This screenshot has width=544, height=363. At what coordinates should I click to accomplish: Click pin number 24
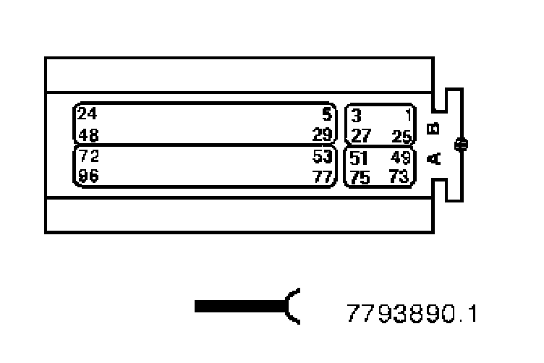[x=87, y=114]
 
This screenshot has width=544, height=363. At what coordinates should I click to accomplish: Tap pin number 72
[x=88, y=156]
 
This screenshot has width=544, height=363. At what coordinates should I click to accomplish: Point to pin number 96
[x=88, y=177]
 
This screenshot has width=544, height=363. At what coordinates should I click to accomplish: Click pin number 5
[x=326, y=114]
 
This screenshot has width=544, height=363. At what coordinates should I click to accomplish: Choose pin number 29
[x=323, y=135]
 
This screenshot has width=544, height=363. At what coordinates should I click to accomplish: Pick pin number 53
[x=322, y=156]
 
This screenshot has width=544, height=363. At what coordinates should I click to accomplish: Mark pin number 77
[x=322, y=177]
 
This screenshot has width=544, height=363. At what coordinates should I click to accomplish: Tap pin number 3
[x=356, y=115]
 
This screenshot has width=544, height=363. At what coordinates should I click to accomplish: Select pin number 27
[x=360, y=136]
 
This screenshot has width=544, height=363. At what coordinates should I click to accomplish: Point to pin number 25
[x=400, y=136]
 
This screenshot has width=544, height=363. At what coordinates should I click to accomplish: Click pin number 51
[x=360, y=157]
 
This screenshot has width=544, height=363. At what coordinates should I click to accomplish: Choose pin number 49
[x=400, y=157]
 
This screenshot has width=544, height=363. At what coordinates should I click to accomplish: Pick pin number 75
[x=360, y=178]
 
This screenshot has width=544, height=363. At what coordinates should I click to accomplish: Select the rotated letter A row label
[x=434, y=158]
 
